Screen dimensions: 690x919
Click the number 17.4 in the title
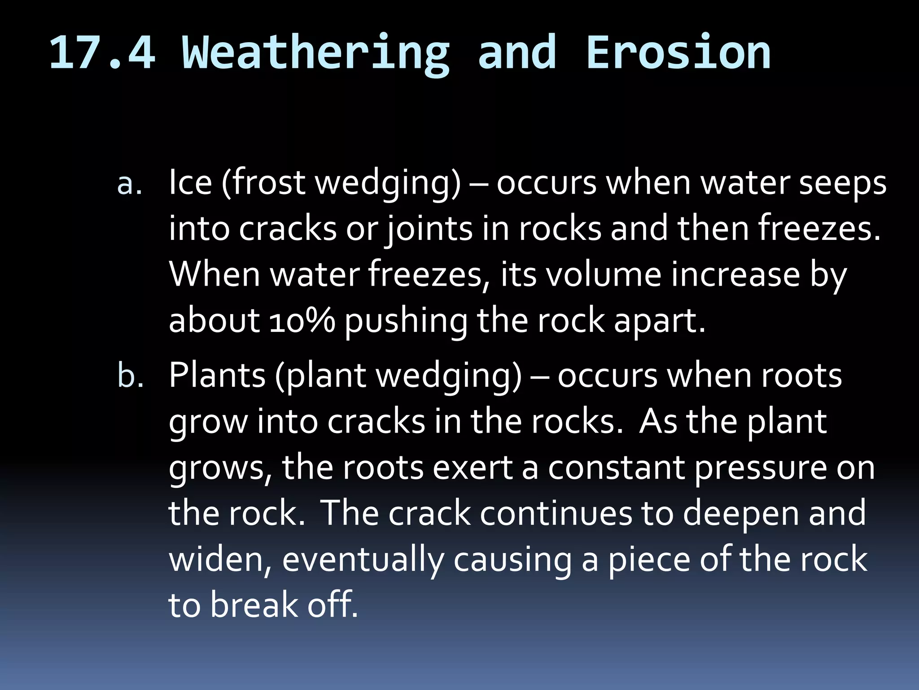[x=102, y=53]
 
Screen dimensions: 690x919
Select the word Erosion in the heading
[x=678, y=53]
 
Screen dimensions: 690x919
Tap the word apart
[x=659, y=321]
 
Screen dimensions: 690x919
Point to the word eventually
[x=363, y=561]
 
